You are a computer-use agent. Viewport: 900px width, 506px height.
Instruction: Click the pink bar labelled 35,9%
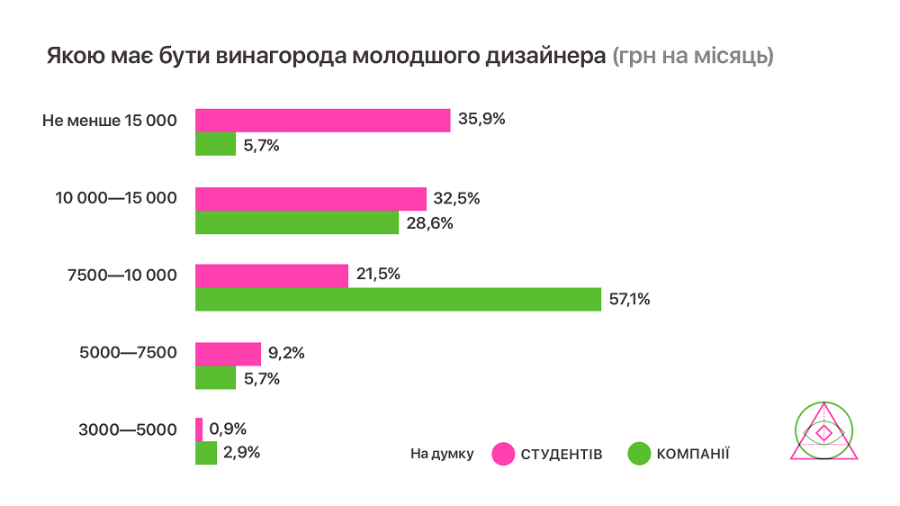[x=322, y=120]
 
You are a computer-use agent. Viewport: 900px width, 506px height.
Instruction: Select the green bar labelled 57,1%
[x=398, y=299]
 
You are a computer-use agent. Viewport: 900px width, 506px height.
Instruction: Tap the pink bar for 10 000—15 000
[x=310, y=198]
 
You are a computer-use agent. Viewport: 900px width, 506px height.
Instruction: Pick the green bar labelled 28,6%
[x=297, y=222]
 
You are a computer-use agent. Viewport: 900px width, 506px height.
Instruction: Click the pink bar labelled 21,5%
[x=272, y=276]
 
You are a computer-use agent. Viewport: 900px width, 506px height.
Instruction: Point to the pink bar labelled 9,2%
[x=228, y=354]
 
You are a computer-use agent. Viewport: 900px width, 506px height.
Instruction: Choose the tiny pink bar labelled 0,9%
[x=199, y=429]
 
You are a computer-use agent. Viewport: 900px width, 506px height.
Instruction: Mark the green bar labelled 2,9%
[x=206, y=453]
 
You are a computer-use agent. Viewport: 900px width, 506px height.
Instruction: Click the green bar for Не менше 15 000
[x=215, y=144]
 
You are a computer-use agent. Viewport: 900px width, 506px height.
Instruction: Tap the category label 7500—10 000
[x=121, y=275]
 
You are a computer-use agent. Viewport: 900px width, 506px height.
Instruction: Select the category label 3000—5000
[x=128, y=429]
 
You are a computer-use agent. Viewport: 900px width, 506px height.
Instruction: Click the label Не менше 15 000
[x=110, y=120]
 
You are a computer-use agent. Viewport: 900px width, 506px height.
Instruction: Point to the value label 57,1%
[x=630, y=300]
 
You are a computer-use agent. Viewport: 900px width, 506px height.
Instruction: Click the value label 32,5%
[x=456, y=198]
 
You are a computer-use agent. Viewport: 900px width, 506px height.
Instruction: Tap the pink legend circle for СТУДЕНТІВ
[x=503, y=454]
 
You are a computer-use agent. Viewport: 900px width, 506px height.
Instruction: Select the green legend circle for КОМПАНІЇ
[x=638, y=454]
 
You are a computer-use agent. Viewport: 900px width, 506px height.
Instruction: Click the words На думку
[x=441, y=454]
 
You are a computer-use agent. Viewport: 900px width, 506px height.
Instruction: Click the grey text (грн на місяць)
[x=693, y=56]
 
